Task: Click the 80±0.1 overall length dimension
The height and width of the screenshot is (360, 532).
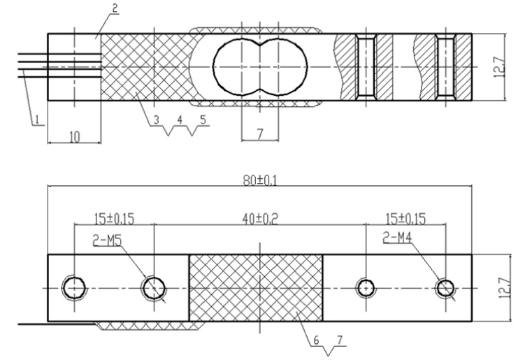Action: tap(260, 181)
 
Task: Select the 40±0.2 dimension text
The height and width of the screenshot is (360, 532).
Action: tap(260, 219)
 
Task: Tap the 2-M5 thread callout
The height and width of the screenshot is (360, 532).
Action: tap(107, 240)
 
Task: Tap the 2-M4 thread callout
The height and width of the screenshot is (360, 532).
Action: tap(397, 238)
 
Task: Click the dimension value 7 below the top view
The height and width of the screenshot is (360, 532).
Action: tap(260, 135)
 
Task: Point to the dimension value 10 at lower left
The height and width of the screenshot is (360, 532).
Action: tap(74, 137)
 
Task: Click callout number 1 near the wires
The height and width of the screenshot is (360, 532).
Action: tap(37, 120)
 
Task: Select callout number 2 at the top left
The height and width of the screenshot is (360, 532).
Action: tap(115, 8)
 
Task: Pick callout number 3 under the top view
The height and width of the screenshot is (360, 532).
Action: tap(157, 120)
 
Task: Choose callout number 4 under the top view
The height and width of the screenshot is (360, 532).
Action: tap(180, 120)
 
